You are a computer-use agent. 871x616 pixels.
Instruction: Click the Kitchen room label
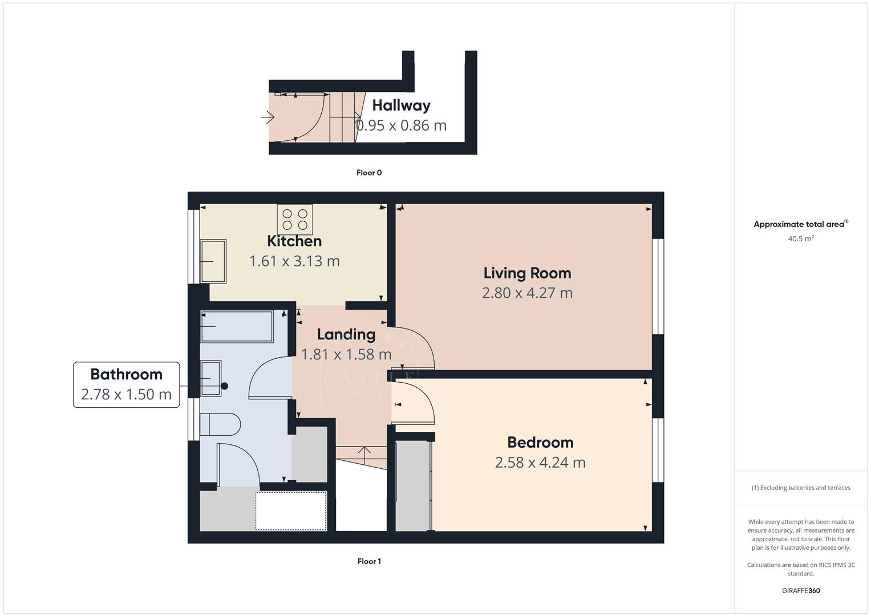coord(294,241)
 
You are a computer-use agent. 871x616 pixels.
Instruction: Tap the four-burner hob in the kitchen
coord(295,220)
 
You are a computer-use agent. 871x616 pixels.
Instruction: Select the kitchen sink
coord(213,261)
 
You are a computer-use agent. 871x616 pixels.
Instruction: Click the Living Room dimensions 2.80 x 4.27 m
coord(527,293)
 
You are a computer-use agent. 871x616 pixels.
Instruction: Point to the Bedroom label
coord(540,443)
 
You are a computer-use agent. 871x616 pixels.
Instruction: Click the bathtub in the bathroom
coord(236,326)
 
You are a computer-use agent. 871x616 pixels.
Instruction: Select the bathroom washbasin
coord(211,378)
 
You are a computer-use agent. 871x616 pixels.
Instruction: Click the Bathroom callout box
coord(126,384)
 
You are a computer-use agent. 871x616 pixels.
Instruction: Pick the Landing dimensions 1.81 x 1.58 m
coord(346,355)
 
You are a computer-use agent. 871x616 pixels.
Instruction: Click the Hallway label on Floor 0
coord(401,106)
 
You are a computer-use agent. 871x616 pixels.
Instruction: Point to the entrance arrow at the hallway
coord(268,117)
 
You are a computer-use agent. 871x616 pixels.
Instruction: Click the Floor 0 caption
coord(369,173)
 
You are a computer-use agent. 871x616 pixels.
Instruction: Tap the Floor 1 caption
coord(369,562)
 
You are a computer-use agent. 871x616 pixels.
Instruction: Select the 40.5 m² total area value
coord(800,239)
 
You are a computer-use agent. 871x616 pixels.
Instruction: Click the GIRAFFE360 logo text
coord(800,591)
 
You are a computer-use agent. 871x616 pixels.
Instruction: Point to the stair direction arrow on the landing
coord(364,452)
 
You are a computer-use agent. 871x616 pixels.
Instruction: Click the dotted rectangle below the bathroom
coord(291,511)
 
